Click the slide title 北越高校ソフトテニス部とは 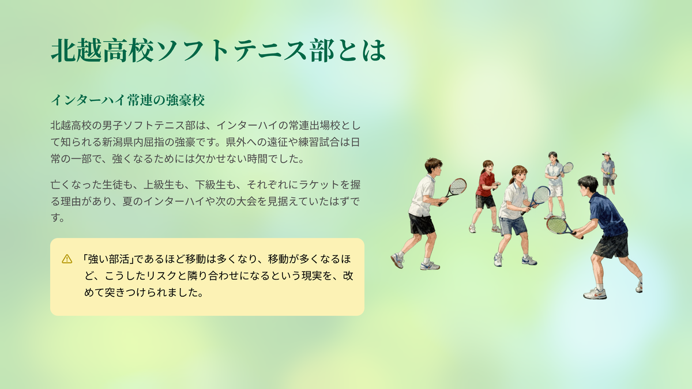tap(219, 50)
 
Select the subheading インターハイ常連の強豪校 tap(127, 100)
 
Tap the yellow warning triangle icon tap(67, 259)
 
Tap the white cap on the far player tap(606, 154)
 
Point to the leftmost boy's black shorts tap(422, 224)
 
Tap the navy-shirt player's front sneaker tap(595, 293)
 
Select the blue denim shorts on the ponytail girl tap(513, 225)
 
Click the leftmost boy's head tap(434, 167)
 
